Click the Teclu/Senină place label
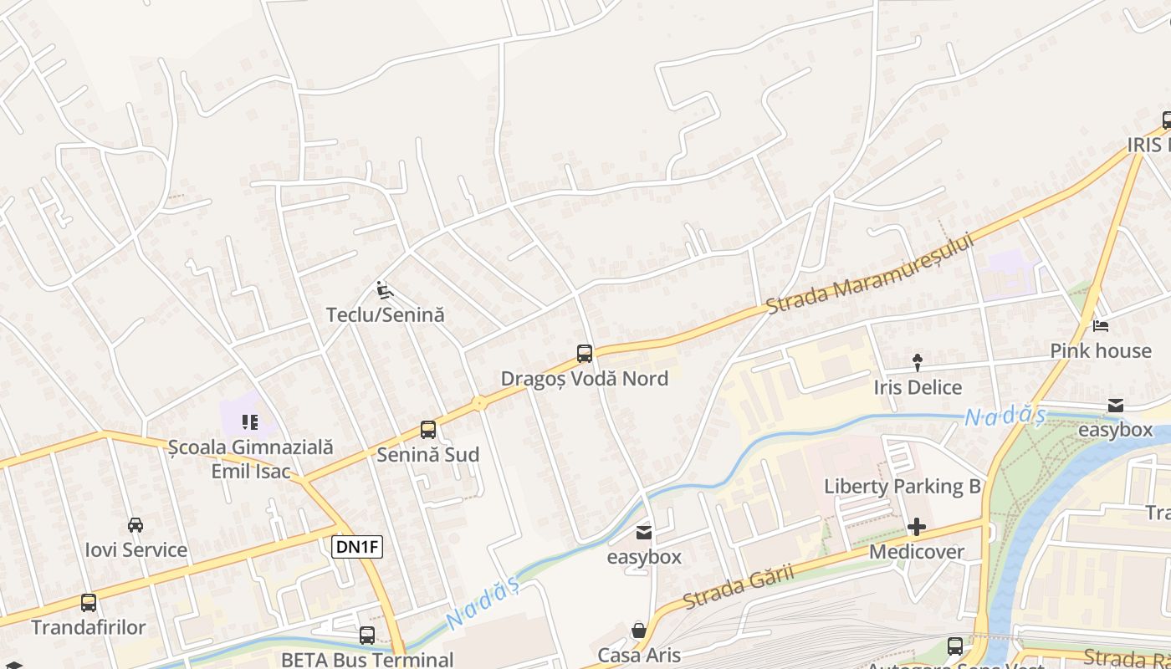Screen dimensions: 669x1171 [x=385, y=315]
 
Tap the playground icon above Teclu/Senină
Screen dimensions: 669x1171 [x=384, y=290]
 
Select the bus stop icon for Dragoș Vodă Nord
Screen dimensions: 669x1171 [x=585, y=354]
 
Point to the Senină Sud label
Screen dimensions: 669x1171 [x=427, y=455]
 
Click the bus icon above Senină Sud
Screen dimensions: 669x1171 [x=428, y=430]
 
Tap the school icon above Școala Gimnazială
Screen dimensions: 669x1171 [x=250, y=422]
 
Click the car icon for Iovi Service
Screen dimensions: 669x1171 [x=136, y=525]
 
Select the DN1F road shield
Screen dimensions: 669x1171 [x=357, y=548]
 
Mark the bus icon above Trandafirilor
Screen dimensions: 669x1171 [x=89, y=602]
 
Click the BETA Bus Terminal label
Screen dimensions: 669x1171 [x=366, y=659]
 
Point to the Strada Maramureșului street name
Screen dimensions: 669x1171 [x=871, y=273]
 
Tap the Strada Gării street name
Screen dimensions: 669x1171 [x=737, y=588]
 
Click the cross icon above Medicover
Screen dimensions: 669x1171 [x=917, y=527]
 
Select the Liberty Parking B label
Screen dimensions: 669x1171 [x=902, y=486]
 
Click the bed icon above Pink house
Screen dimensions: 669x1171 [x=1101, y=325]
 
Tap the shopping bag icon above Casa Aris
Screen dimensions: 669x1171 [x=639, y=630]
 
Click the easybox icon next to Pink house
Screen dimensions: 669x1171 [x=1116, y=406]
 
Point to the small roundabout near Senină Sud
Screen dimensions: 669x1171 [x=479, y=403]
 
